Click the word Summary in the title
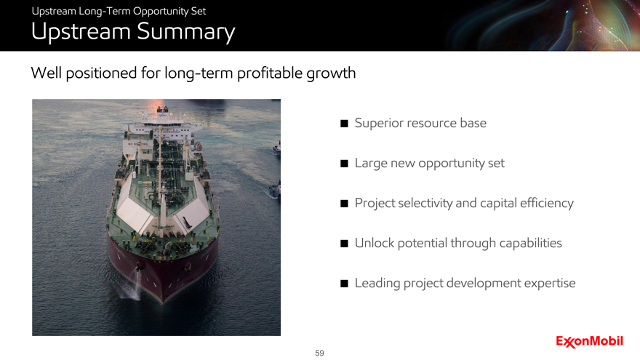[185, 32]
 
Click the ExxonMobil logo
[589, 341]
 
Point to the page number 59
[319, 353]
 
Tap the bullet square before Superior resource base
[344, 123]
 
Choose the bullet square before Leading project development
[344, 283]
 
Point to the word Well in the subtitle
[46, 73]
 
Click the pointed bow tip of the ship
[163, 302]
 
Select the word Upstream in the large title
[81, 32]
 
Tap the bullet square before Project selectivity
[344, 203]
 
